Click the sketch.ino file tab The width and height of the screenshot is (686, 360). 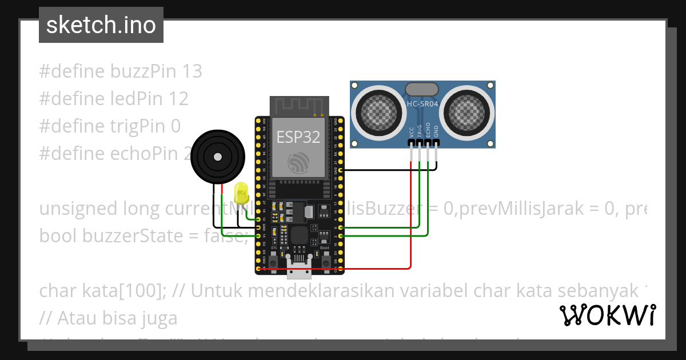(x=101, y=25)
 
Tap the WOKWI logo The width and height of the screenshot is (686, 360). (x=607, y=315)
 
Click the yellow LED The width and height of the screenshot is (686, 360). (x=241, y=193)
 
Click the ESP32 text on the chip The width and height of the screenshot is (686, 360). (x=298, y=137)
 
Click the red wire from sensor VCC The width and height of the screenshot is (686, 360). (x=411, y=217)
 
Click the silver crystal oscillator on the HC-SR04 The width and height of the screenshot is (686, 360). (x=422, y=89)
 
